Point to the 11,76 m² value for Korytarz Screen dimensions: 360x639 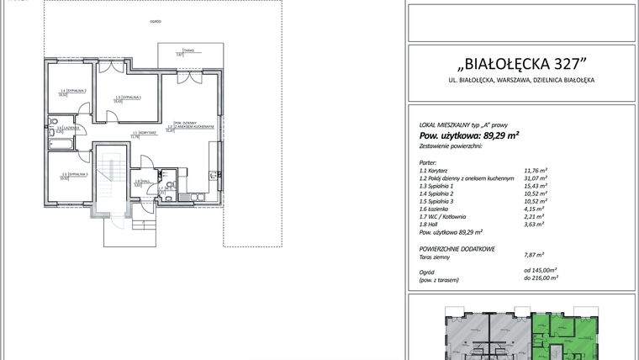(x=536, y=170)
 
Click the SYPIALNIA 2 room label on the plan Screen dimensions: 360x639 (x=73, y=91)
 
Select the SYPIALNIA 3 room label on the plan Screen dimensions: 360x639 (x=73, y=174)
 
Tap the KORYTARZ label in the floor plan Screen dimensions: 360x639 (x=140, y=134)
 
